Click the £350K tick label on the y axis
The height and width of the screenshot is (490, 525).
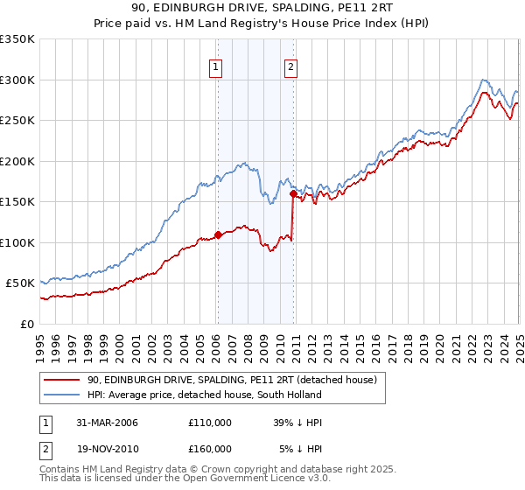(17, 39)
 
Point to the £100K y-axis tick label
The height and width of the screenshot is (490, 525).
(17, 242)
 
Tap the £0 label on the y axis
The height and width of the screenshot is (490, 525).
(26, 324)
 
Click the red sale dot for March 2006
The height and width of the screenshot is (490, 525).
(218, 234)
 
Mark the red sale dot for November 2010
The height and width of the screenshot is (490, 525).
(293, 193)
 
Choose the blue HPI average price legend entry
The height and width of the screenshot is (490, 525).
(205, 395)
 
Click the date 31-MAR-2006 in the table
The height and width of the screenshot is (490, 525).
(108, 423)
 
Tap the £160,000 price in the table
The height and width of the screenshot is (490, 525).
(210, 449)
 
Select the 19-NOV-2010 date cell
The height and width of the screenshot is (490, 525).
(108, 449)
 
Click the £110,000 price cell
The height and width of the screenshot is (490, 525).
(210, 423)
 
